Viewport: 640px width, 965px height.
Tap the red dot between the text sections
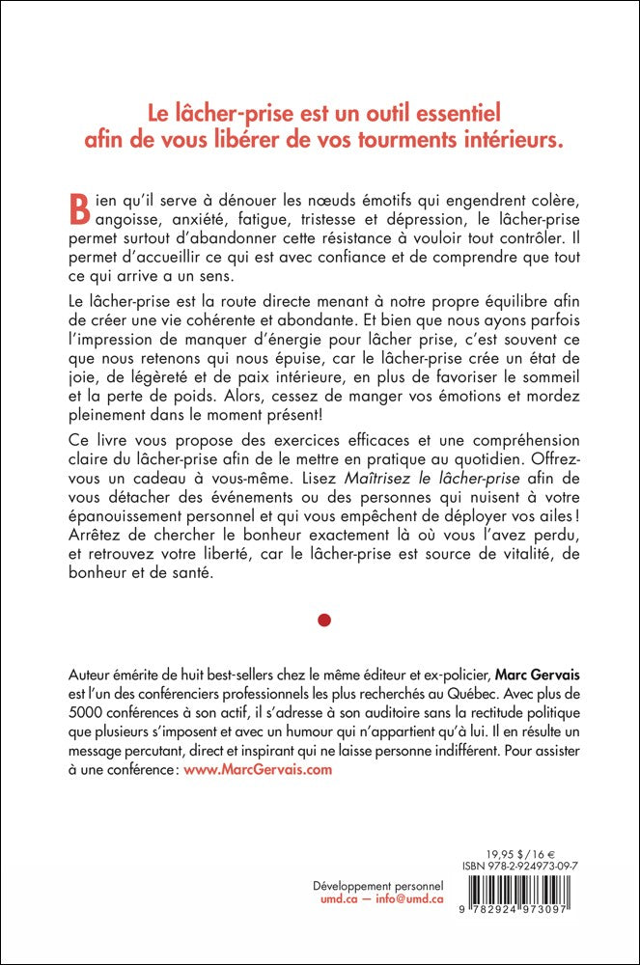tap(324, 620)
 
